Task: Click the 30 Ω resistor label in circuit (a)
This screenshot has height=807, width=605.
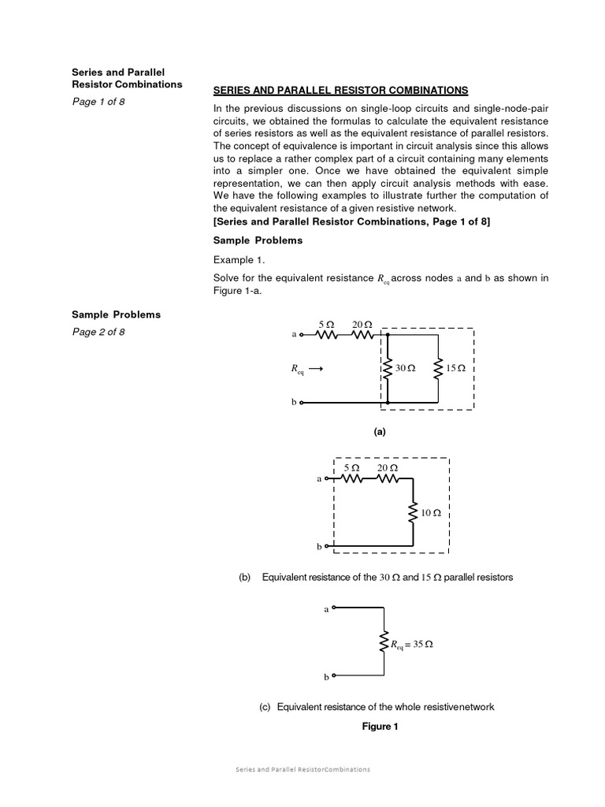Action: click(405, 368)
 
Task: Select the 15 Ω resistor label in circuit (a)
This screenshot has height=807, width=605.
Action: click(455, 368)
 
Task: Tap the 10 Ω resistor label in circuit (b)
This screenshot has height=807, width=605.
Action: click(431, 513)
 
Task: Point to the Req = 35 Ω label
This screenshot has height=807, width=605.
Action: click(412, 645)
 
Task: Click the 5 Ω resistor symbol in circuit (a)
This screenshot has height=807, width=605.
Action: click(326, 334)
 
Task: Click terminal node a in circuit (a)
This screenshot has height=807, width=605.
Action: click(302, 334)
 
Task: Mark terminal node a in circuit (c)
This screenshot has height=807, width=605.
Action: click(333, 608)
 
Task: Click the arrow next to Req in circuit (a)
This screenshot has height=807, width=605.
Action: click(315, 368)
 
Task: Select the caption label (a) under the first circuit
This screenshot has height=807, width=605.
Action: click(380, 432)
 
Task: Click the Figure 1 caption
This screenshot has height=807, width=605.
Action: click(380, 727)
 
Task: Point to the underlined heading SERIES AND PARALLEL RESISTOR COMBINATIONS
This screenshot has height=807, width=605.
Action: click(340, 91)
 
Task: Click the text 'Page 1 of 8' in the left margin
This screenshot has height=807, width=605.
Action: click(98, 102)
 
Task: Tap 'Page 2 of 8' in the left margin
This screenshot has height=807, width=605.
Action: click(98, 332)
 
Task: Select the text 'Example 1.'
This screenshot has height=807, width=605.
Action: click(235, 259)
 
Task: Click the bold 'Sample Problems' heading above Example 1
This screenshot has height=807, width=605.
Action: click(258, 240)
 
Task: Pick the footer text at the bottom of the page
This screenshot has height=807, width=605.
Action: click(302, 769)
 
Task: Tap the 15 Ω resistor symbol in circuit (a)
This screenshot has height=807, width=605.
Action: click(437, 368)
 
